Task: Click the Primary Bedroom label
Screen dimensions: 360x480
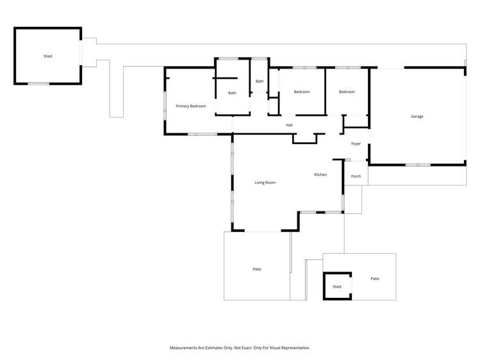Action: pos(191,106)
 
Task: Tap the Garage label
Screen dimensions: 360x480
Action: pos(417,116)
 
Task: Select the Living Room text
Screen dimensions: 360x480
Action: pos(265,183)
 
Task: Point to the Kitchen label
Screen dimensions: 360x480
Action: pos(320,174)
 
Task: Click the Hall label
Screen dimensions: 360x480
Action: pos(289,125)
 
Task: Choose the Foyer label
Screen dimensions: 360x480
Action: pos(356,143)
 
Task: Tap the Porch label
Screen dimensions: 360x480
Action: pos(356,176)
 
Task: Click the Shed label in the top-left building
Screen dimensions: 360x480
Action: pos(47,56)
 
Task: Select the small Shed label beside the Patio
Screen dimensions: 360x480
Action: pos(337,286)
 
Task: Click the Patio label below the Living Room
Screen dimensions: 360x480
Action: pos(257,269)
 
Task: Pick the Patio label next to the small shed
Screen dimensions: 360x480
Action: pos(375,279)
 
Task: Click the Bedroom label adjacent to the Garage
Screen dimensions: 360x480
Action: pos(347,92)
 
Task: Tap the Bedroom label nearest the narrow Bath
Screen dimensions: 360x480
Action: pos(302,92)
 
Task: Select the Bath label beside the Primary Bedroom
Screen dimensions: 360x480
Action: pos(232,93)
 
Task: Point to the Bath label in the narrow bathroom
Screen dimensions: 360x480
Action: pos(260,81)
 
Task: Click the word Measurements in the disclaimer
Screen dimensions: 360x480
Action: pos(185,348)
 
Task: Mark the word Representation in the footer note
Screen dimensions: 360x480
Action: pos(295,348)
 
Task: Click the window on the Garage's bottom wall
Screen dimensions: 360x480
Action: pos(418,165)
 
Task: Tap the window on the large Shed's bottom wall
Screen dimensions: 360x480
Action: pos(38,83)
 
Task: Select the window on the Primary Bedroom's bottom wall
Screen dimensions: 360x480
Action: pos(202,134)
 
